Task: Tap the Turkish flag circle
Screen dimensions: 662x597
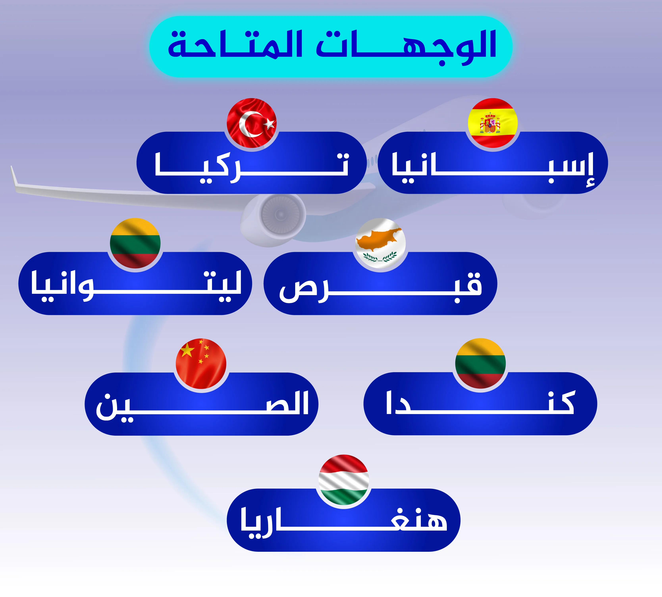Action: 252,123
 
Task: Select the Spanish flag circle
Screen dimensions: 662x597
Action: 493,123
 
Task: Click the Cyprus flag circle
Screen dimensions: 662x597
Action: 381,243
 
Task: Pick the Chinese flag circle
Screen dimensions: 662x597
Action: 201,363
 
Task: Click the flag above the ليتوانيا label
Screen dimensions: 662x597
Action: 135,243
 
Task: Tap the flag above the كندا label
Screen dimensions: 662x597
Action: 480,363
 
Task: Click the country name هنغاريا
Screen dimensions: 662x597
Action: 343,523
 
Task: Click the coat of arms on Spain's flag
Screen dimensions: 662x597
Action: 490,123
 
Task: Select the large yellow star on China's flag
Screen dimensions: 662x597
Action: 187,350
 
